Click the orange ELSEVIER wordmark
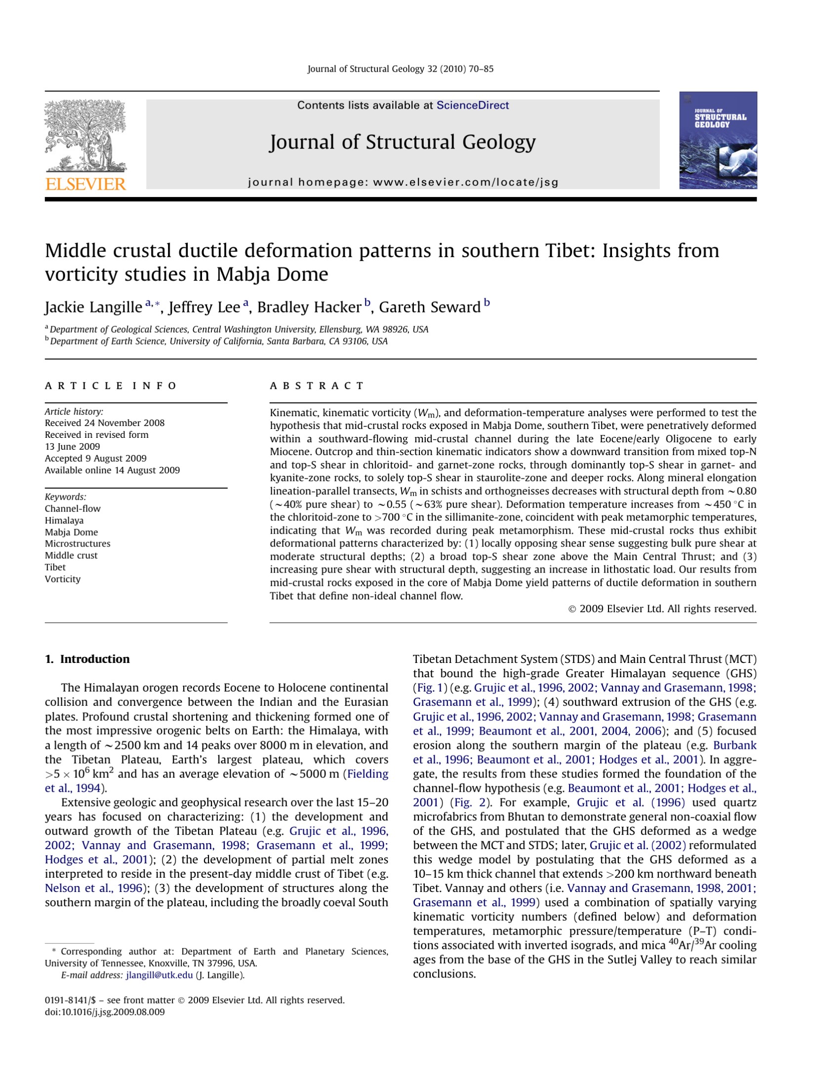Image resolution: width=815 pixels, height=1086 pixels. pyautogui.click(x=85, y=184)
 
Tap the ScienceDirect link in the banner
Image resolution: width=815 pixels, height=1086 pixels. pyautogui.click(x=472, y=105)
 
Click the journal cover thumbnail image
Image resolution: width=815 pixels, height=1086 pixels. pyautogui.click(x=718, y=140)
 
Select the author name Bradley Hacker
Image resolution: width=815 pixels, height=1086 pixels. pyautogui.click(x=309, y=307)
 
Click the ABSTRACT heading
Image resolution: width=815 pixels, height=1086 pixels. pyautogui.click(x=317, y=386)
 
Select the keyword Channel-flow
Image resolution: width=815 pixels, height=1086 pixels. pyautogui.click(x=73, y=508)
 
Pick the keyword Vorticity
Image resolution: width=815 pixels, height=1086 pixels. pyautogui.click(x=63, y=579)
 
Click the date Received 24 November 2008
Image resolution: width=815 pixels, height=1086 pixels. pyautogui.click(x=105, y=423)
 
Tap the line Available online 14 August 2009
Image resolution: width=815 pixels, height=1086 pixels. pyautogui.click(x=112, y=470)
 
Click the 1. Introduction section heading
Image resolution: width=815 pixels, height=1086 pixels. pyautogui.click(x=87, y=659)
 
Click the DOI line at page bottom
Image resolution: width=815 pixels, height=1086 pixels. pyautogui.click(x=105, y=1012)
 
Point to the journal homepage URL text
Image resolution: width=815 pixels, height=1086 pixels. pyautogui.click(x=403, y=182)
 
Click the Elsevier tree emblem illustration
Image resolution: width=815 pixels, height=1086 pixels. pyautogui.click(x=85, y=136)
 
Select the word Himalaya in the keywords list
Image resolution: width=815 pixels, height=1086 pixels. pyautogui.click(x=64, y=520)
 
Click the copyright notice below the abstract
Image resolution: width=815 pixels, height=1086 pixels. pyautogui.click(x=662, y=609)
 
